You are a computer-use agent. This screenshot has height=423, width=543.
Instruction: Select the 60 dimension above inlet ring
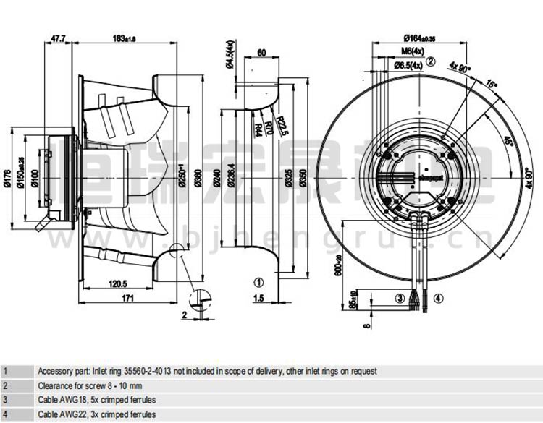tap(261, 53)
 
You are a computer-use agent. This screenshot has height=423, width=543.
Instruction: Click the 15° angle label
tap(492, 85)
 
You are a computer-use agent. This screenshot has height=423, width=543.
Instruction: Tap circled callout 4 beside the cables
tap(438, 297)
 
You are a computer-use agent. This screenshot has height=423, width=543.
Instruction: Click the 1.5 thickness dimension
tap(258, 298)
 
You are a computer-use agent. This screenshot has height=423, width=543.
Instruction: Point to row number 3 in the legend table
tap(6, 399)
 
